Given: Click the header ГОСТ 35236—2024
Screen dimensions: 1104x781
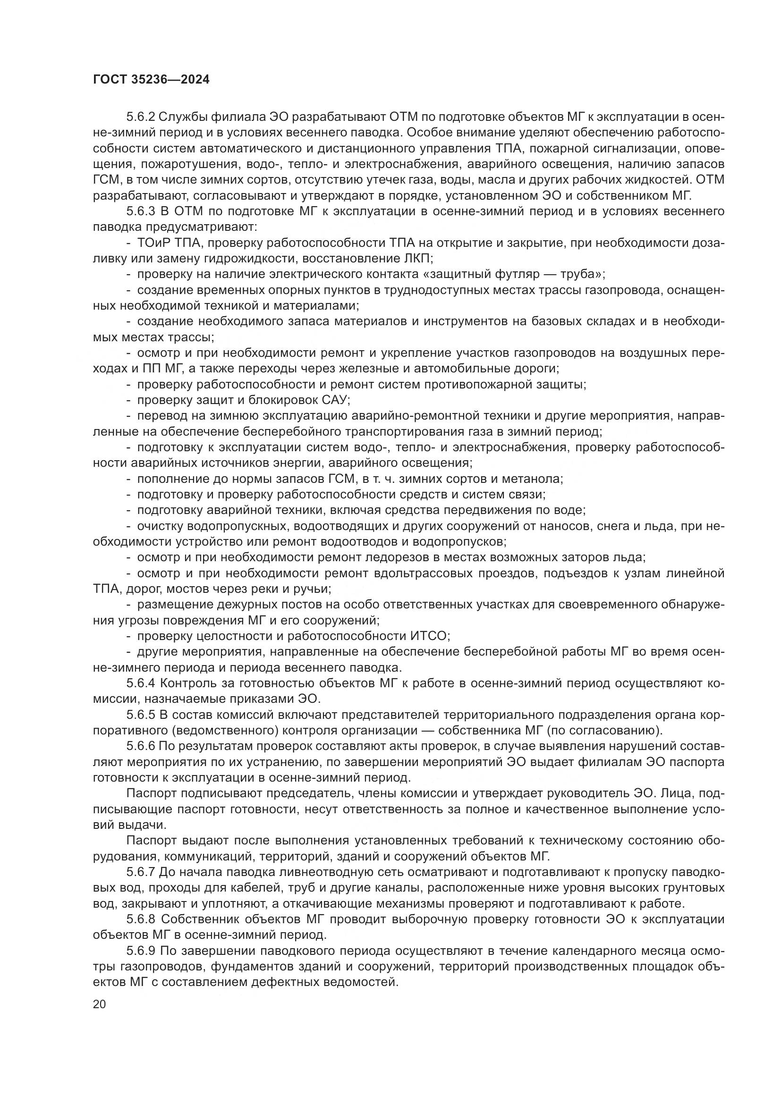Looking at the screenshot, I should tap(152, 80).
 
